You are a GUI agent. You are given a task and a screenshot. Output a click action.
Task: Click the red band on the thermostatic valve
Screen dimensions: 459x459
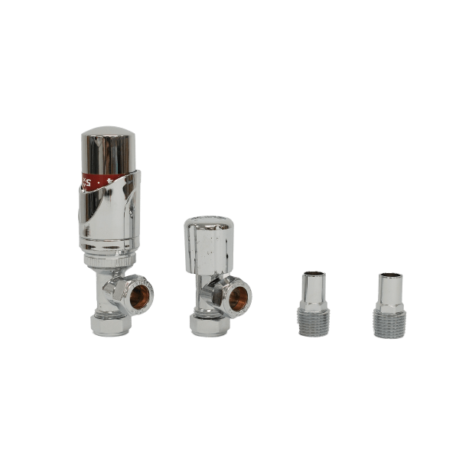click(x=96, y=181)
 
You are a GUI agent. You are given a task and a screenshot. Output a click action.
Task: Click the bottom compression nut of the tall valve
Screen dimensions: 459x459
click(x=111, y=326)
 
